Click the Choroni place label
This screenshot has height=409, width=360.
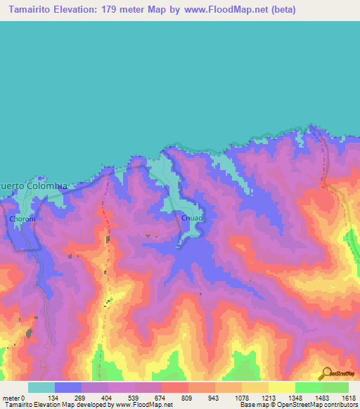coord(22,219)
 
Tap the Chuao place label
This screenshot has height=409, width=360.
coord(192,219)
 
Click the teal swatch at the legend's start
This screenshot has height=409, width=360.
coord(41,387)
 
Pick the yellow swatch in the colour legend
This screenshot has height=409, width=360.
coord(281,387)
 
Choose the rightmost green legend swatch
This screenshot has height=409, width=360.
coord(335,387)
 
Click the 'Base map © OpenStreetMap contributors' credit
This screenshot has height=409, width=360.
coord(298,405)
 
